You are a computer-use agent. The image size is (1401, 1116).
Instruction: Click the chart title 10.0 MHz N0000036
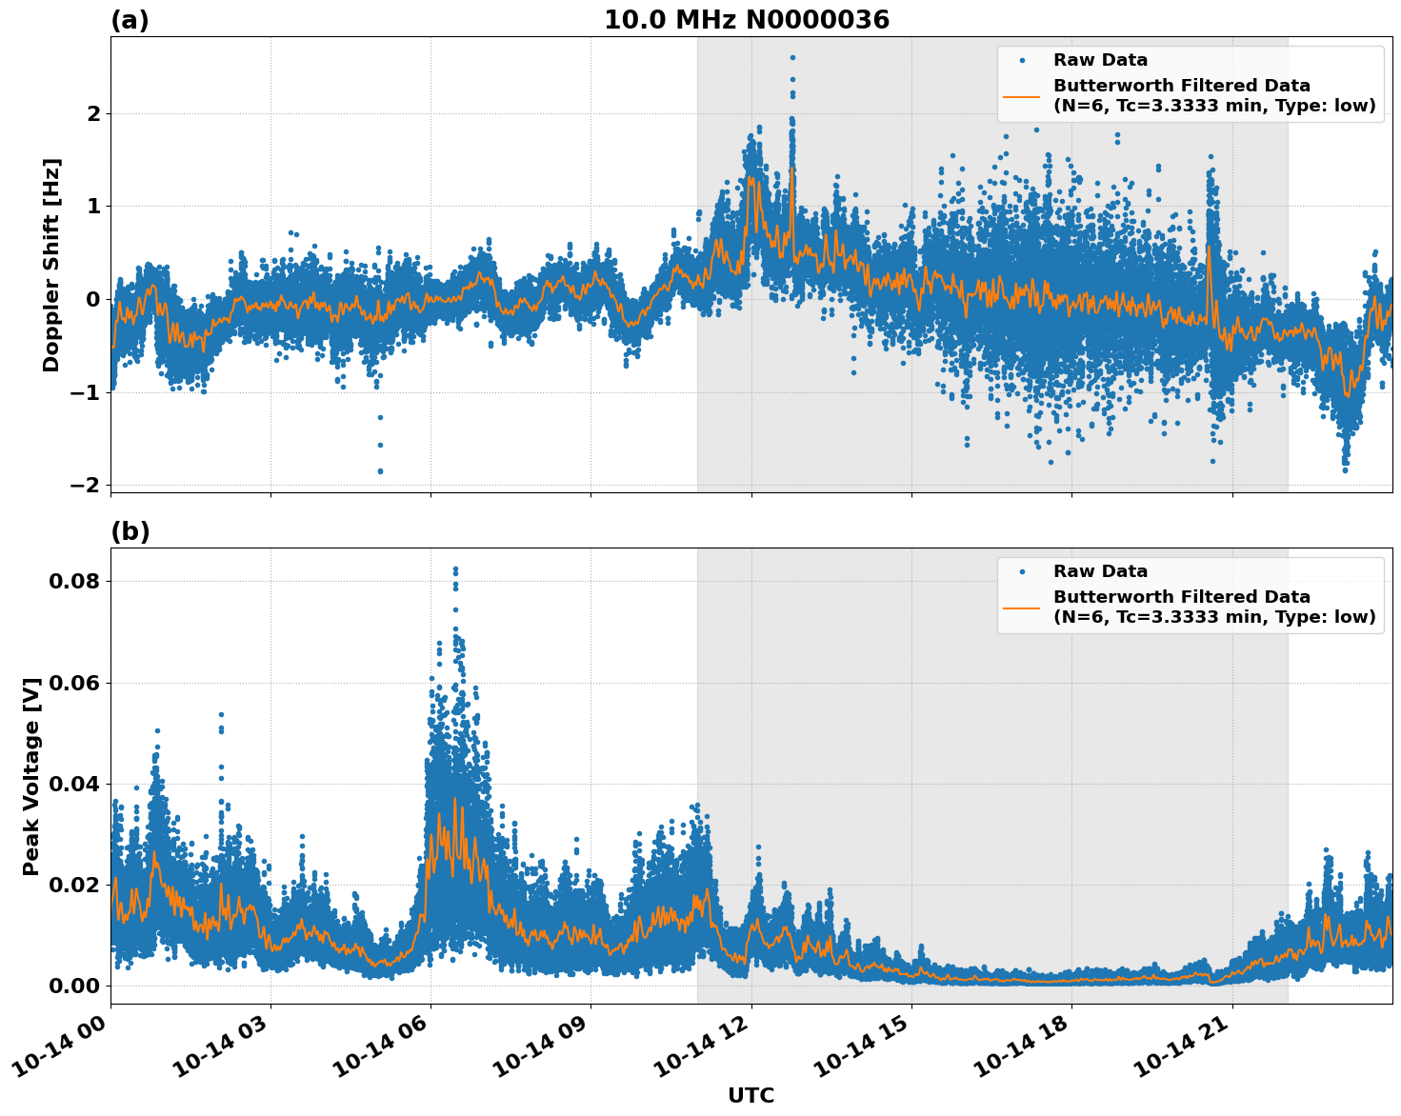click(746, 20)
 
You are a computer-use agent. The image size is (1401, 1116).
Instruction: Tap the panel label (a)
click(130, 20)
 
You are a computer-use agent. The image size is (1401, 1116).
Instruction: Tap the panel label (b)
click(130, 531)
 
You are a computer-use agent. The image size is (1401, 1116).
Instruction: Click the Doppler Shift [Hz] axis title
click(51, 265)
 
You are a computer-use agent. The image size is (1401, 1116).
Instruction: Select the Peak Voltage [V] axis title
click(31, 776)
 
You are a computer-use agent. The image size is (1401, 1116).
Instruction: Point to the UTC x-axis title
click(751, 1095)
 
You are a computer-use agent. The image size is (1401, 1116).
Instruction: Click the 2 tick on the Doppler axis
click(93, 113)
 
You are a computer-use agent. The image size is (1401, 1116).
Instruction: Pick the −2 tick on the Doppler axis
click(86, 485)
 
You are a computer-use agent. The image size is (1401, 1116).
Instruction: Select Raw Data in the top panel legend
click(1100, 61)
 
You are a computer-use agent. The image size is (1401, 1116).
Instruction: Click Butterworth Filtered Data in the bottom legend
click(1181, 597)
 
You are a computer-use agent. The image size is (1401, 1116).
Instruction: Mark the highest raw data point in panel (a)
click(792, 57)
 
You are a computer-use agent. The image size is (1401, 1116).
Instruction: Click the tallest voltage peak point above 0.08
click(455, 569)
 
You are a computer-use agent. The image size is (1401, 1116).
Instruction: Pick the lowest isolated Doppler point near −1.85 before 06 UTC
click(380, 470)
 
